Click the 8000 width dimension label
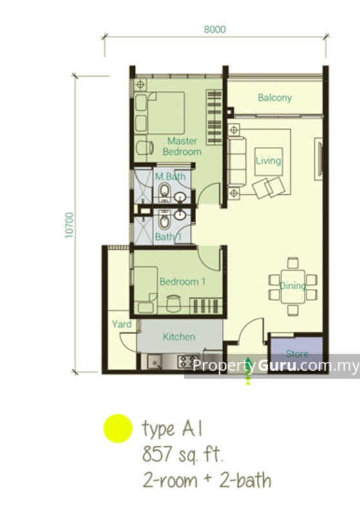pyautogui.click(x=215, y=29)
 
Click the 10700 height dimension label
pyautogui.click(x=70, y=225)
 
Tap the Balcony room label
pyautogui.click(x=275, y=98)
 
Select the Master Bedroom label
pyautogui.click(x=182, y=146)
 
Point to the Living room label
pyautogui.click(x=268, y=161)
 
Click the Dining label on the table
pyautogui.click(x=292, y=286)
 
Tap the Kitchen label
pyautogui.click(x=179, y=337)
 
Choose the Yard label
pyautogui.click(x=122, y=324)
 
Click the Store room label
pyautogui.click(x=297, y=353)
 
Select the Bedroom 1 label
pyautogui.click(x=183, y=282)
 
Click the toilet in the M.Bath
pyautogui.click(x=164, y=192)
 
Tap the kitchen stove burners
pyautogui.click(x=188, y=361)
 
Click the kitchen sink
pyautogui.click(x=155, y=362)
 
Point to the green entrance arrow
pyautogui.click(x=248, y=370)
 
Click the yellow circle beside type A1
pyautogui.click(x=118, y=428)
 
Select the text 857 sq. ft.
pyautogui.click(x=183, y=454)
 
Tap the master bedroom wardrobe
pyautogui.click(x=214, y=117)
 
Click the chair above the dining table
pyautogui.click(x=293, y=263)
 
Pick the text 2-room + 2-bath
pyautogui.click(x=207, y=481)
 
